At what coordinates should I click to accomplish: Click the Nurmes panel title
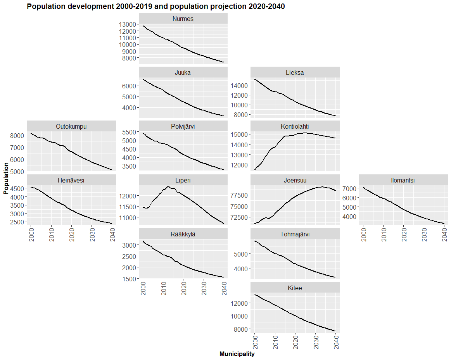[183, 19]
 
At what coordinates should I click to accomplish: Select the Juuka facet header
[183, 72]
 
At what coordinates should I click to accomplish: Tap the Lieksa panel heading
[295, 72]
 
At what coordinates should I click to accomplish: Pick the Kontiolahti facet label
[295, 126]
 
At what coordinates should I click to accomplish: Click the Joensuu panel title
[295, 180]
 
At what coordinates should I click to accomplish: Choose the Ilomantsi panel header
[403, 180]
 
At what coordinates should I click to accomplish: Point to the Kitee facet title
[295, 288]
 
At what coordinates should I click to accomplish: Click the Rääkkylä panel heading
[183, 234]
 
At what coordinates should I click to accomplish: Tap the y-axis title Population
[6, 178]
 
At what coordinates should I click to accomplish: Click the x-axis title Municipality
[237, 354]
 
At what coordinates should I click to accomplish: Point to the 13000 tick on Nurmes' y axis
[127, 24]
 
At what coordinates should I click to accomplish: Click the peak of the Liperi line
[168, 187]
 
